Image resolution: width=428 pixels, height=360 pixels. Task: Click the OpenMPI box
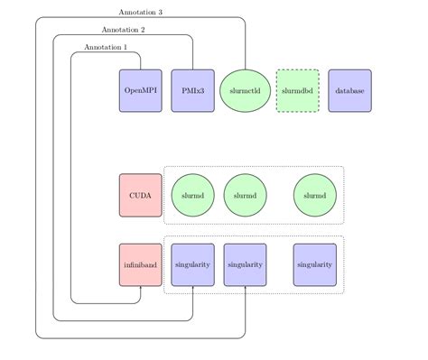click(x=141, y=90)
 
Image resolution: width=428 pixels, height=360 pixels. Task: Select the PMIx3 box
click(x=192, y=90)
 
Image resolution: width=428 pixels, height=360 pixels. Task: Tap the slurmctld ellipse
click(x=245, y=90)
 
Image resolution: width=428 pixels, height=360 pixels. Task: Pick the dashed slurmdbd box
click(x=297, y=90)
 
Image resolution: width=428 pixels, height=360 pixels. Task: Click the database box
click(x=349, y=90)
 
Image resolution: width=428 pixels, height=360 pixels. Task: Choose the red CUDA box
click(x=141, y=195)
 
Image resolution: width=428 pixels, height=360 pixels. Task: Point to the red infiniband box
click(x=141, y=264)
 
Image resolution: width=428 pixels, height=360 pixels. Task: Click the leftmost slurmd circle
click(x=192, y=195)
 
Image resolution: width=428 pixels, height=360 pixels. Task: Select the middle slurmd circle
click(x=245, y=195)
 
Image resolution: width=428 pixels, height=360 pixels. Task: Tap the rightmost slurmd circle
click(x=314, y=195)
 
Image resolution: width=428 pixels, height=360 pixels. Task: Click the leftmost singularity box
click(x=192, y=264)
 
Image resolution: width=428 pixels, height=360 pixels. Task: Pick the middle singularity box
click(x=245, y=264)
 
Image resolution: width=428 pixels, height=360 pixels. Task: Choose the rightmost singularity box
click(x=314, y=264)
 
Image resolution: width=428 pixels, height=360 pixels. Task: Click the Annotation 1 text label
click(x=106, y=47)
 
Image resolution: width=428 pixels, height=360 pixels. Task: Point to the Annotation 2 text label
click(x=123, y=30)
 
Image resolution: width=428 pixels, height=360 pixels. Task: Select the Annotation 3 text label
click(x=140, y=13)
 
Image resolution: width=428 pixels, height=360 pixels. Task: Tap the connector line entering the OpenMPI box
click(x=141, y=60)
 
